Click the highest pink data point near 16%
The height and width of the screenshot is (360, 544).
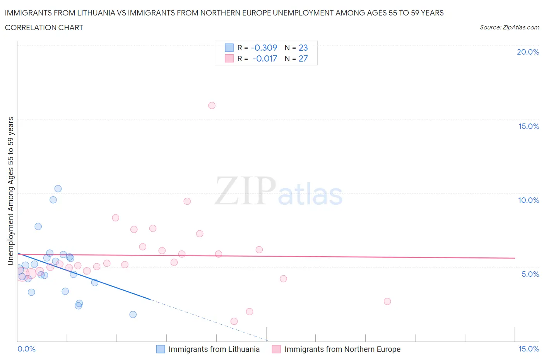point(212,105)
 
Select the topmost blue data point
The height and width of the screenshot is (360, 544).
point(58,189)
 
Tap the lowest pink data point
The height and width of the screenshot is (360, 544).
point(234,321)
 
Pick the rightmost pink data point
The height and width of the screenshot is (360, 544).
point(387,301)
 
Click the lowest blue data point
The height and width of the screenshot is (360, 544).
point(133,314)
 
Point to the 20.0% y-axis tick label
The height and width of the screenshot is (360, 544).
point(528,52)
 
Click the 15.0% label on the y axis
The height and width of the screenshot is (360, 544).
point(529,126)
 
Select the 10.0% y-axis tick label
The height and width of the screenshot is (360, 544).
point(529,200)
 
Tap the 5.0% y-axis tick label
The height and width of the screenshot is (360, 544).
point(530,274)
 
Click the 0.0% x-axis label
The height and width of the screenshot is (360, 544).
point(26,349)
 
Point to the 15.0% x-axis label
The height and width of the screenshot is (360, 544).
point(529,349)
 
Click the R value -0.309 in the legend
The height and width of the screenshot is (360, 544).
point(264,48)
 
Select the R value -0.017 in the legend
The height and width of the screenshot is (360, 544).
point(265,58)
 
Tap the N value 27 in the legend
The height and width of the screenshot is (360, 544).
point(303,58)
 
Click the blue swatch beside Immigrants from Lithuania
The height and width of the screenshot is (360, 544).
point(161,349)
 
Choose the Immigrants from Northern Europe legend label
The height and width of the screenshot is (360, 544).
point(342,349)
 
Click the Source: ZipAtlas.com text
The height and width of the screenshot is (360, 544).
point(509,27)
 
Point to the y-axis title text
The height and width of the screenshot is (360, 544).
point(10,191)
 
